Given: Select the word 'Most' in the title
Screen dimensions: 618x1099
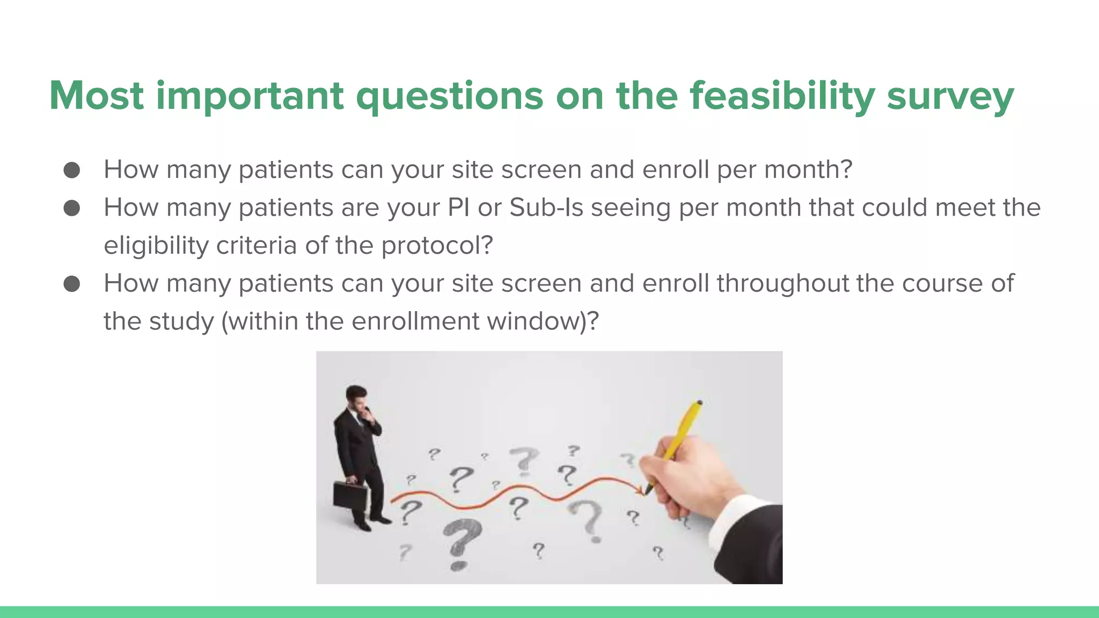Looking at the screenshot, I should tap(97, 97).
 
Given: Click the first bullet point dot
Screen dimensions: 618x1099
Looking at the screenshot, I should tap(72, 170).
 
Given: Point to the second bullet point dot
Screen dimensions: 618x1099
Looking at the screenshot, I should tap(72, 208).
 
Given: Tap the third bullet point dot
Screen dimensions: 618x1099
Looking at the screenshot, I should tap(72, 283).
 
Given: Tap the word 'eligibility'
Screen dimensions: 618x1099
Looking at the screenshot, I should tap(156, 246).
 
